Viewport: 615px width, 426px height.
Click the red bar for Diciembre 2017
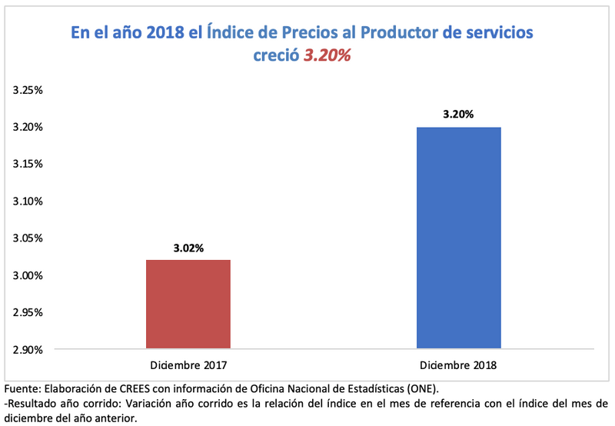(x=188, y=304)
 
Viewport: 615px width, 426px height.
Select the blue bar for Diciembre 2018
(x=459, y=238)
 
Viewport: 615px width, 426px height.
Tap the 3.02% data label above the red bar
(x=188, y=248)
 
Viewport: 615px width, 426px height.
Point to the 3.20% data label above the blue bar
(x=458, y=115)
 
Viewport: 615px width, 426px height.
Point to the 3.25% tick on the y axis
(x=28, y=90)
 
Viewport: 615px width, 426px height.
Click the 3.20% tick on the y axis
(x=28, y=127)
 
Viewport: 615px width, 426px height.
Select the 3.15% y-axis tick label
(x=28, y=164)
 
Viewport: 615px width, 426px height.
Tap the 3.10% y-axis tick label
(x=28, y=201)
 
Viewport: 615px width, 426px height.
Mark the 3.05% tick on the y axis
(x=28, y=238)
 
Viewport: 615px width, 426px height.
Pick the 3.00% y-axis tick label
(x=28, y=275)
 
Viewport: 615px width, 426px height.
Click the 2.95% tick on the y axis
(x=28, y=312)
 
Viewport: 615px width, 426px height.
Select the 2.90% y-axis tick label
(x=28, y=350)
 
